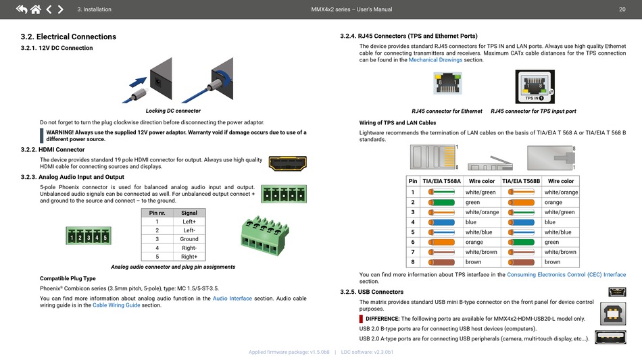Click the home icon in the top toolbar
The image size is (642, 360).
click(34, 9)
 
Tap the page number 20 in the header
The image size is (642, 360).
click(621, 9)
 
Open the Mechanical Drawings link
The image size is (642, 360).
click(435, 59)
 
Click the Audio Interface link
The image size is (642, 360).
click(232, 298)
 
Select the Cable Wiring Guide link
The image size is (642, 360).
click(116, 305)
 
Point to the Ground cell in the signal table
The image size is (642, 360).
click(189, 239)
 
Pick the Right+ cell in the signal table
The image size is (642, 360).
click(189, 257)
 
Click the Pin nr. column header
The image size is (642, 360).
click(157, 213)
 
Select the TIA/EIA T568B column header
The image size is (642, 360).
click(521, 181)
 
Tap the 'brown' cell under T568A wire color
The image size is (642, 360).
click(473, 262)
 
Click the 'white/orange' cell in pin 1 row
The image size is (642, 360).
click(561, 192)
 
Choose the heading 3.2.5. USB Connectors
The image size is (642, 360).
click(371, 292)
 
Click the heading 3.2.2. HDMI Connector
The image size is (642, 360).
click(53, 149)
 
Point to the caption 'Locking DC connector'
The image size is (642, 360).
click(173, 111)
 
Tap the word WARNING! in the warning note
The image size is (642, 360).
click(59, 132)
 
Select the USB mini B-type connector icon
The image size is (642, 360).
click(616, 292)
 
